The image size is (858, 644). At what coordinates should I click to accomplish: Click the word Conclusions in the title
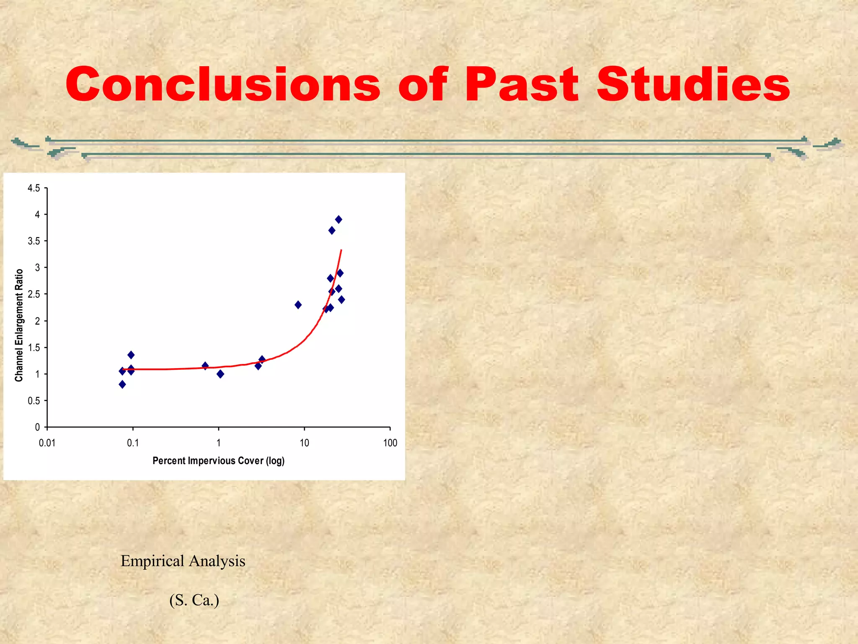[x=222, y=85]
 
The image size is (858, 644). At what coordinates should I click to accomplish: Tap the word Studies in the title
[x=693, y=85]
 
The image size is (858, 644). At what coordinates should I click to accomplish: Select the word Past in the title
[x=522, y=85]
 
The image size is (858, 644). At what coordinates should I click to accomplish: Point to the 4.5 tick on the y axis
[x=34, y=188]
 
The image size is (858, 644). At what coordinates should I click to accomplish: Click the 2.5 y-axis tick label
[x=34, y=294]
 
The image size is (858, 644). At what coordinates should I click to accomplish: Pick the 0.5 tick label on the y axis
[x=34, y=401]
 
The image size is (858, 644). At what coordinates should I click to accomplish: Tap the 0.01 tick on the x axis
[x=47, y=443]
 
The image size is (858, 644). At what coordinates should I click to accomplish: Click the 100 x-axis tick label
[x=390, y=443]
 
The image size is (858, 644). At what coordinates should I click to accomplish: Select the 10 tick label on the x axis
[x=304, y=443]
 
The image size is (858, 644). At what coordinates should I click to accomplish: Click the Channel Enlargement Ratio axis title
[x=19, y=325]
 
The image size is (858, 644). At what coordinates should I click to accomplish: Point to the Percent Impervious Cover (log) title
[x=218, y=461]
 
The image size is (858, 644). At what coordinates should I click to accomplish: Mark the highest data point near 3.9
[x=339, y=219]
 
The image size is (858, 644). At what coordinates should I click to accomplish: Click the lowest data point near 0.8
[x=122, y=384]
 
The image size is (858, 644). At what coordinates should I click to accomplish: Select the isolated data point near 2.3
[x=298, y=305]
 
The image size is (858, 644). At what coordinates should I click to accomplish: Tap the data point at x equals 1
[x=220, y=374]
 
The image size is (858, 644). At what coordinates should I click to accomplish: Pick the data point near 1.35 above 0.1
[x=131, y=355]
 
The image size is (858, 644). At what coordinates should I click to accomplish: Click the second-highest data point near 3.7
[x=332, y=230]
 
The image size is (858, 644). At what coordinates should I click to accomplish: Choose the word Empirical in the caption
[x=152, y=561]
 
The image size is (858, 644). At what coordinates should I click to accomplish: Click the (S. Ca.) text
[x=194, y=600]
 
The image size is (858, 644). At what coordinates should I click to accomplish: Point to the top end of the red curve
[x=342, y=250]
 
